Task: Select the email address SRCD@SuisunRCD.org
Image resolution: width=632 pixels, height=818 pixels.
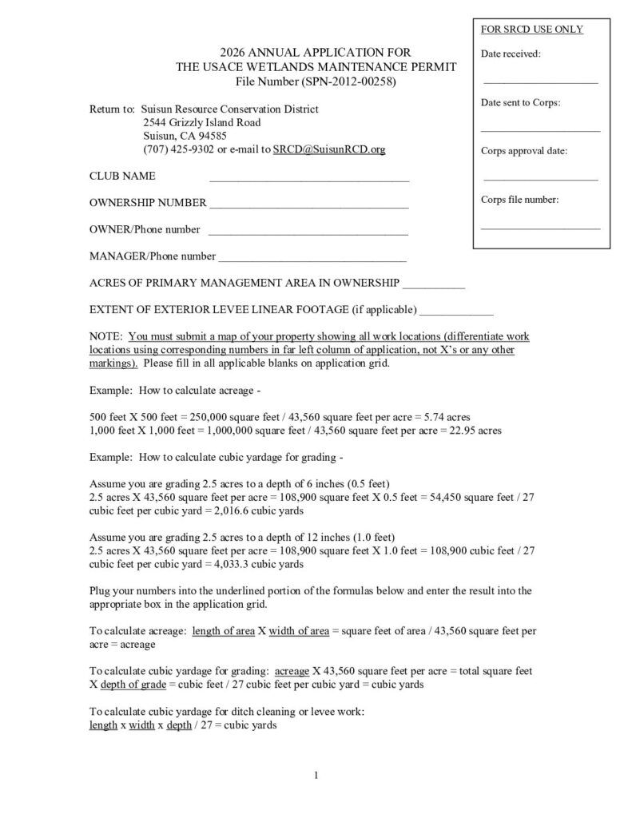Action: point(329,149)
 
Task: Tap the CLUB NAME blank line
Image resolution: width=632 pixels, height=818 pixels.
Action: point(309,181)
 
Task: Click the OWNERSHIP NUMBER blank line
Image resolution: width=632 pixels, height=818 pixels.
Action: point(309,207)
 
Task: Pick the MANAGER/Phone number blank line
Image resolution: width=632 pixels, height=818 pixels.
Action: point(312,260)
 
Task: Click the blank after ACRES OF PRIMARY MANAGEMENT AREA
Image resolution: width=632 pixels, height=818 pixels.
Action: point(435,286)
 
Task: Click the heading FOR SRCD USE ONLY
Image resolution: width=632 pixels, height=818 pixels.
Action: point(531,30)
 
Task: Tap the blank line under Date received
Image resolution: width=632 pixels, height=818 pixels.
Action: point(540,81)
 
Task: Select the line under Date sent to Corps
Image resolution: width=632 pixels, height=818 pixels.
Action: point(540,129)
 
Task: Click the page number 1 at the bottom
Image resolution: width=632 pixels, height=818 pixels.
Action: point(316,774)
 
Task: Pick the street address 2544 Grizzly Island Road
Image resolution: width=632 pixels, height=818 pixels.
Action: point(201,122)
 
